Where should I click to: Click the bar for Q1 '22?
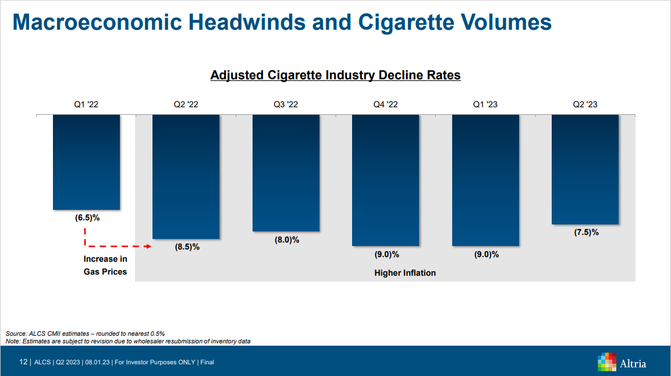coord(86,162)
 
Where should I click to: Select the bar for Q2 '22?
coord(186,176)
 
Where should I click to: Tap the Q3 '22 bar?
coord(286,173)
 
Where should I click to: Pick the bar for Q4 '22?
coord(385,180)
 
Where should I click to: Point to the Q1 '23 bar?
coord(485,180)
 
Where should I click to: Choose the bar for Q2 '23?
coord(585,169)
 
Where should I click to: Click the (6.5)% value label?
coord(87,218)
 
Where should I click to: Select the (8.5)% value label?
coord(187,247)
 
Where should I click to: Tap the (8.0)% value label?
coord(287,240)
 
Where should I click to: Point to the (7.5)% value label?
coord(586,232)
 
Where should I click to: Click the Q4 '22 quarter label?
coord(385,105)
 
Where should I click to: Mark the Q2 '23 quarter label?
coord(585,105)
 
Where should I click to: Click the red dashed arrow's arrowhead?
coord(148,247)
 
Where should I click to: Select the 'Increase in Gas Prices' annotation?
coord(105,265)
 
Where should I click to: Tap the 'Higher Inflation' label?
coord(405,273)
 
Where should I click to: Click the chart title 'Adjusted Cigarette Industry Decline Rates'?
coord(335,75)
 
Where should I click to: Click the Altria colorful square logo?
coord(607,361)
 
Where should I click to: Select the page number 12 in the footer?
coord(23,362)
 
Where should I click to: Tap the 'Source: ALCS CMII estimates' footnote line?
coord(85,333)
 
